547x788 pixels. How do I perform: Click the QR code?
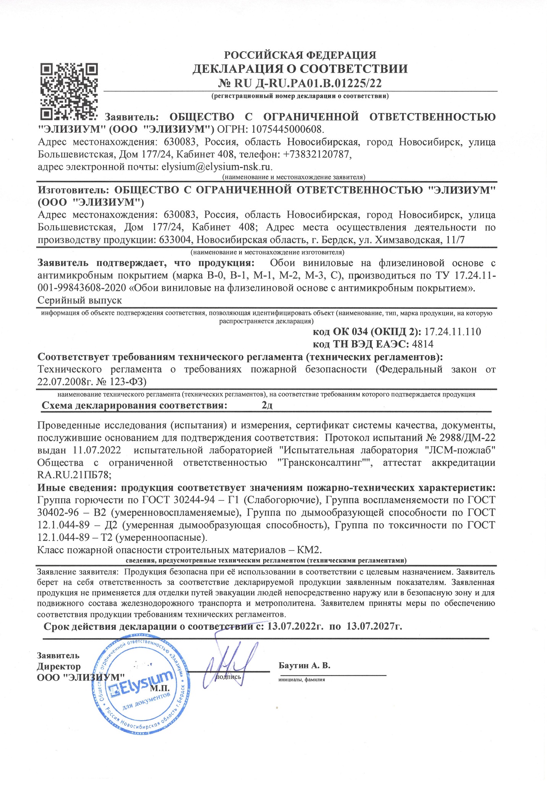coord(69,91)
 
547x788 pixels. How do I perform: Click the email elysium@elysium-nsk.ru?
coord(217,167)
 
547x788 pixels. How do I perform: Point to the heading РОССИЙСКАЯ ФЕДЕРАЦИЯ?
coord(300,55)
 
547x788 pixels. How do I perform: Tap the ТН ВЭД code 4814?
coord(422,344)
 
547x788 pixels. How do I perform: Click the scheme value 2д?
coord(267,405)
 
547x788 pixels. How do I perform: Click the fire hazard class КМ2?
coord(311,550)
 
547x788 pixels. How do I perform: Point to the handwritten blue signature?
coord(229,663)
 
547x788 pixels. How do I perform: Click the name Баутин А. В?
coord(304,665)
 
